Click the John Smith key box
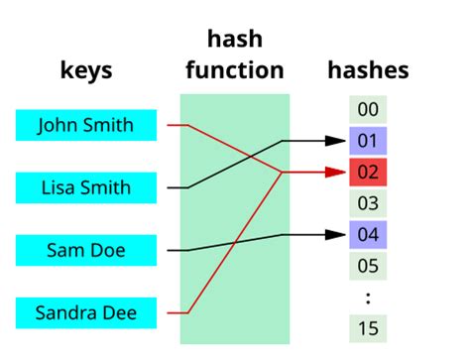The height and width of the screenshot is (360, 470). tap(87, 125)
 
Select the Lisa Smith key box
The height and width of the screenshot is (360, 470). tap(87, 186)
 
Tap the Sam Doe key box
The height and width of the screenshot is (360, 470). tap(87, 250)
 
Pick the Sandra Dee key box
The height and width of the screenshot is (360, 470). tap(87, 313)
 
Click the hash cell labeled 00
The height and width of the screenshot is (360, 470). tap(368, 109)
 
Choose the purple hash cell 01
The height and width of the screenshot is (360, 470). tap(368, 140)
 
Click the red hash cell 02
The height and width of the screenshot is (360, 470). tap(368, 172)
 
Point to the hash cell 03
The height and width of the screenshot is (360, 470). tap(368, 203)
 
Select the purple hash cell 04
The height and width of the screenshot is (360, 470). tap(368, 235)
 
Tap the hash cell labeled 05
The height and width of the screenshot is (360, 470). tap(368, 266)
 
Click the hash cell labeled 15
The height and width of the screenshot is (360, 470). tap(368, 328)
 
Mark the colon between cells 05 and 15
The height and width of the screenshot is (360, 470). tap(368, 297)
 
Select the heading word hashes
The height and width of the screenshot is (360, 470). tap(368, 70)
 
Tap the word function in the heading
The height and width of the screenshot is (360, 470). tap(235, 70)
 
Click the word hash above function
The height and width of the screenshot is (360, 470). tap(235, 40)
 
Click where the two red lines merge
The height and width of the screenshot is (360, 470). tap(284, 172)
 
